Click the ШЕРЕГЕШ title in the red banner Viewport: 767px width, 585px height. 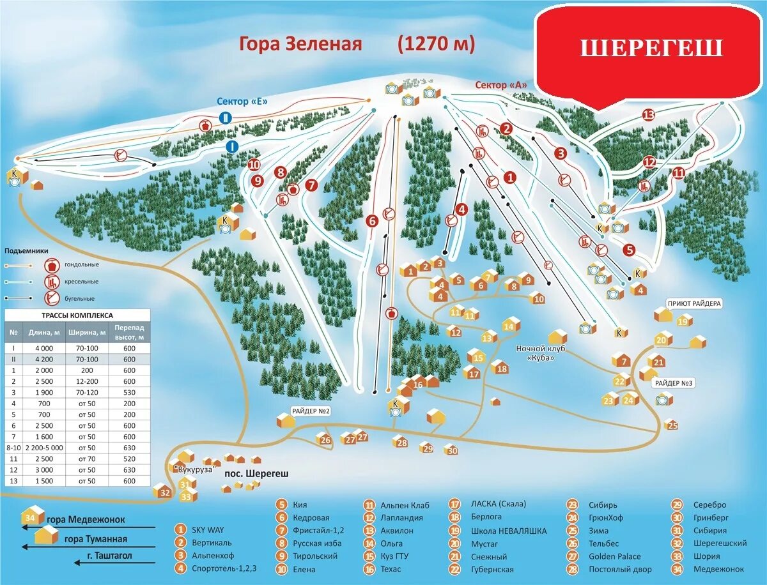click(651, 49)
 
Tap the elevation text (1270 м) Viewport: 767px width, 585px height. click(437, 44)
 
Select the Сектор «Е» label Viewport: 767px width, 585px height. click(240, 101)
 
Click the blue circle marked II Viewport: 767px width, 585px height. click(226, 118)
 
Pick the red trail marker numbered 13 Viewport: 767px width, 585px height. click(649, 115)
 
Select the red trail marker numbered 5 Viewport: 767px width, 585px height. click(630, 250)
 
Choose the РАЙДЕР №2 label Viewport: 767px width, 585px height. click(310, 411)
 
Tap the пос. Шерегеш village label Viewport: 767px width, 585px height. click(256, 474)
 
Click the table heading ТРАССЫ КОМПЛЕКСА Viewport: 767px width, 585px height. click(78, 315)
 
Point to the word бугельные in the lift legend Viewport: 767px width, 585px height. click(79, 298)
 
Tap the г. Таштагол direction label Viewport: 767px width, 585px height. click(110, 556)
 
